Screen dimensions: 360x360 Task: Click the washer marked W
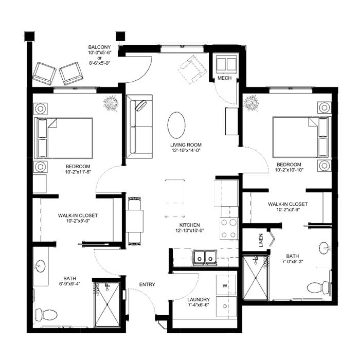[226, 285]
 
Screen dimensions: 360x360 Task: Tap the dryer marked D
[226, 307]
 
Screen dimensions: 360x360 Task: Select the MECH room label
[225, 78]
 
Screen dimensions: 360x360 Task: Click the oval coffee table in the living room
[176, 125]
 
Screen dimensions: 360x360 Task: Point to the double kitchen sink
[204, 257]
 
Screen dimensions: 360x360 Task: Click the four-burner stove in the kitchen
[229, 229]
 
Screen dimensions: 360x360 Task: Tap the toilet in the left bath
[46, 315]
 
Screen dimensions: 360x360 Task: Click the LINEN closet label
[261, 240]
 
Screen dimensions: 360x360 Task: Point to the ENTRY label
[147, 284]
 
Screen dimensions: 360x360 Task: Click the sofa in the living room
[139, 127]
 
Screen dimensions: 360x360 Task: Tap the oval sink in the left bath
[41, 266]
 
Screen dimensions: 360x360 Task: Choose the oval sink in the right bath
[323, 248]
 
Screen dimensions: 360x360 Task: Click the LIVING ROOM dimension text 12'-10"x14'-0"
[186, 150]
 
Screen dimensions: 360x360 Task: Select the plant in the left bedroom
[111, 103]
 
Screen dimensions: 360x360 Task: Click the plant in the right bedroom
[251, 103]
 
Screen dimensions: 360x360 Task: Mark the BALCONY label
[99, 47]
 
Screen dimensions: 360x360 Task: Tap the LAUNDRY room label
[199, 300]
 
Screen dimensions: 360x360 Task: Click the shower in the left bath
[107, 304]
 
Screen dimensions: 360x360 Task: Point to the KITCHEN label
[190, 225]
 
